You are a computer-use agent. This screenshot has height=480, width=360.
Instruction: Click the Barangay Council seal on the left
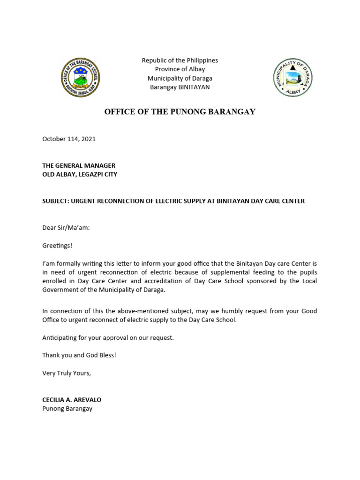click(x=81, y=78)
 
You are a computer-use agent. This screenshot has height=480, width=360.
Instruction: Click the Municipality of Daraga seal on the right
click(x=292, y=78)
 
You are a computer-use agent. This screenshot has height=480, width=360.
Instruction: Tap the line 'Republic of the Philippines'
click(x=180, y=60)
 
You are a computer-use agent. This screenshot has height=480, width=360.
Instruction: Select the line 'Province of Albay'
click(x=180, y=69)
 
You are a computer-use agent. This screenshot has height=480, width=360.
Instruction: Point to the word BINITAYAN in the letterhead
click(x=193, y=87)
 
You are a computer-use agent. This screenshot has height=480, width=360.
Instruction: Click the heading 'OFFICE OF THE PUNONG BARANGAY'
click(x=180, y=112)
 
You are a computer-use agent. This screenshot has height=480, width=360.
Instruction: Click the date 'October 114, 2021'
click(x=69, y=139)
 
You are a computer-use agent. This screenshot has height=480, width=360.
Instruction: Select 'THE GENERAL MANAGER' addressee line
click(x=79, y=165)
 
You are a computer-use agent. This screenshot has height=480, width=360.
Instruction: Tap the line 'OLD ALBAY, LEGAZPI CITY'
click(x=80, y=174)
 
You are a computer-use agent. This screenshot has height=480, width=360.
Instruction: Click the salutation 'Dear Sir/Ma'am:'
click(x=66, y=228)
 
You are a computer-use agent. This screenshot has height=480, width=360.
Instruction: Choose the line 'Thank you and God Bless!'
click(x=79, y=355)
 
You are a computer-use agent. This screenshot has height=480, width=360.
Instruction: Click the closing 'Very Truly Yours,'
click(x=67, y=373)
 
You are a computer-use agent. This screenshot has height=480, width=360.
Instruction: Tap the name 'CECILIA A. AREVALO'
click(x=72, y=400)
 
